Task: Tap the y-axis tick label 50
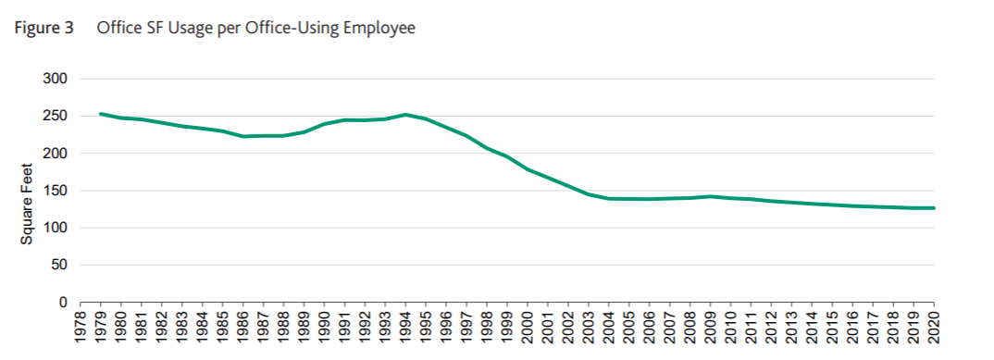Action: pyautogui.click(x=59, y=266)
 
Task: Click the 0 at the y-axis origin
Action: pyautogui.click(x=63, y=303)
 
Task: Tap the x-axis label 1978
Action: pyautogui.click(x=81, y=328)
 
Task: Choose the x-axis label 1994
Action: pyautogui.click(x=405, y=328)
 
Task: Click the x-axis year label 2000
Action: pyautogui.click(x=528, y=328)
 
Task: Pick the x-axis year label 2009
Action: pyautogui.click(x=710, y=328)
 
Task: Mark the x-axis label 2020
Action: pyautogui.click(x=933, y=328)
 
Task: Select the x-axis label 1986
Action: pyautogui.click(x=243, y=328)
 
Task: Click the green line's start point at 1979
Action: pyautogui.click(x=101, y=114)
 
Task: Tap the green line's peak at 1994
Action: pyautogui.click(x=405, y=115)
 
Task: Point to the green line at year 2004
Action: pyautogui.click(x=609, y=198)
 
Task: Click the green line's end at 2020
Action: pyautogui.click(x=933, y=208)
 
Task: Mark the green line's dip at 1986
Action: pyautogui.click(x=243, y=136)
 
